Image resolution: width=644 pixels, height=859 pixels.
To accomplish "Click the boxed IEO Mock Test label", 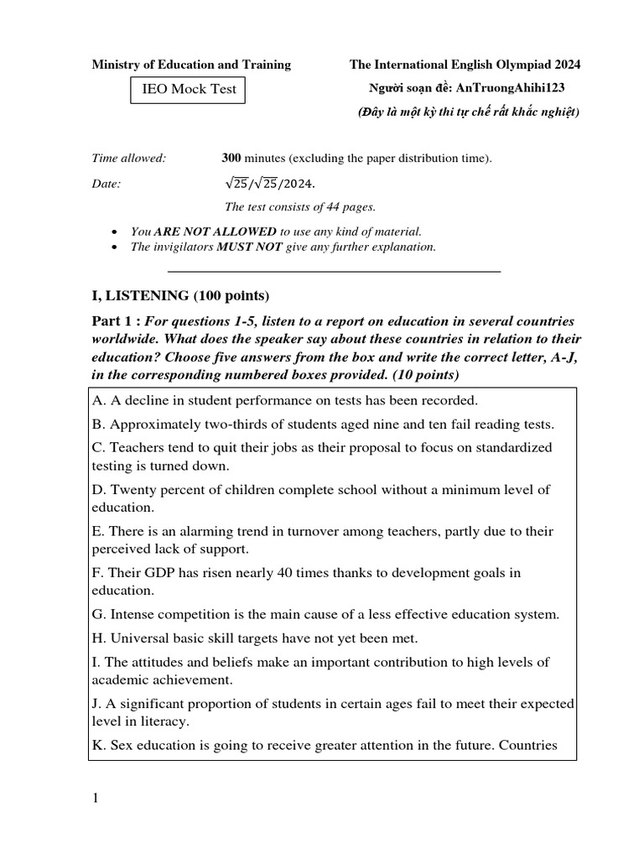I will coord(188,90).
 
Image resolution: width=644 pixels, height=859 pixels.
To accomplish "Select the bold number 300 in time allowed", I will coord(231,158).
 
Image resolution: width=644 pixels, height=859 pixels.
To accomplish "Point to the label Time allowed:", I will coord(128,158).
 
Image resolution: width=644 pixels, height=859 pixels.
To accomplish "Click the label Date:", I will coord(106,183).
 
